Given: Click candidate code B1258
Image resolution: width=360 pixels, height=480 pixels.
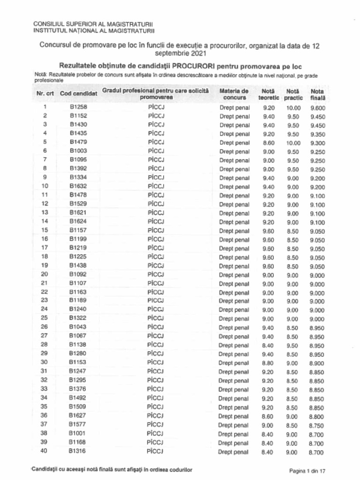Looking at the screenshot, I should point(78,107).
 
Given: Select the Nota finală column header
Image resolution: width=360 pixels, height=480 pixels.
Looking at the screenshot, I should point(317,94).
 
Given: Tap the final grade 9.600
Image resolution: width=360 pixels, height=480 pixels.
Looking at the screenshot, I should point(317,108).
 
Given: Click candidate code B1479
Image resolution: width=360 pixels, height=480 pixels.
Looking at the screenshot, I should point(78,142).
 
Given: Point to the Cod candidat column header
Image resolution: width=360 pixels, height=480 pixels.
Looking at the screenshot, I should point(78,94).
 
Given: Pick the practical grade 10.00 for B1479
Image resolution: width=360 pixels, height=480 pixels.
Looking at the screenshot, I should point(293,142).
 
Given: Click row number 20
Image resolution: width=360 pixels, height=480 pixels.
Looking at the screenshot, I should point(45,274).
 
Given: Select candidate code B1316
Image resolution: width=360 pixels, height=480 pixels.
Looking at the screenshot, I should point(78,451).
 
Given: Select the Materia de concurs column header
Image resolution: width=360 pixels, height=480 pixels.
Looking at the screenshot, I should point(234,94).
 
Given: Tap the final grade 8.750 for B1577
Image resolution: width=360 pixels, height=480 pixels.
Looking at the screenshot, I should point(316,425).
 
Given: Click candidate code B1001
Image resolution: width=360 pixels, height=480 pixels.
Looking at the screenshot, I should point(78,434).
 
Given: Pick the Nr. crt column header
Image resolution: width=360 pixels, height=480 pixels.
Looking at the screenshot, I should point(45,94).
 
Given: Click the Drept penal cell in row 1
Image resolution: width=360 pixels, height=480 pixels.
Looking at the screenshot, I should point(234,108).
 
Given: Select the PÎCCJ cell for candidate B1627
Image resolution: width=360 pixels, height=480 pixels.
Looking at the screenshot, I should point(155,416).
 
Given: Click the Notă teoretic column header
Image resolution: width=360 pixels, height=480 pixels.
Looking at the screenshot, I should point(269,94).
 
